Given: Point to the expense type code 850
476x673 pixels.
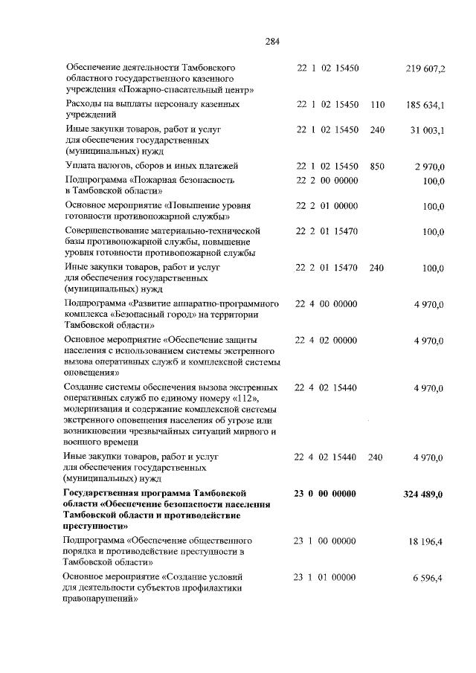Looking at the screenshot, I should tap(376, 166).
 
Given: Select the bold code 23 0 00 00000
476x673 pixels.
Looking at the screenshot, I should tap(326, 494).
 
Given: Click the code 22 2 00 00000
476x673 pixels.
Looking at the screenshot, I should tap(327, 180).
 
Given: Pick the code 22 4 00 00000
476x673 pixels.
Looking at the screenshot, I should tap(327, 303).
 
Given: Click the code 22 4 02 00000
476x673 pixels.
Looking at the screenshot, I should tap(327, 340).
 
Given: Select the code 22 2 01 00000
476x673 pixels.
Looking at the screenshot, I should tap(327, 205).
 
